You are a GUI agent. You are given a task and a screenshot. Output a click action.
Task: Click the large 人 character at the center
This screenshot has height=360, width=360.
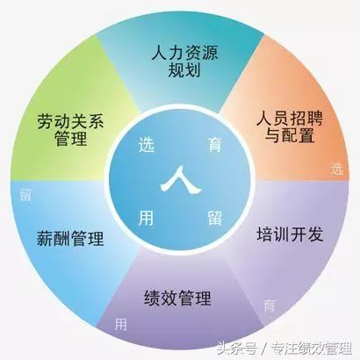coord(181,180)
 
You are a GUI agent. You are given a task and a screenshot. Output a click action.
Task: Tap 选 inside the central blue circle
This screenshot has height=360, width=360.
coord(147,145)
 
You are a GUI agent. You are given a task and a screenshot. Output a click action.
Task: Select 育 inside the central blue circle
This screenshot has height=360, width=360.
coord(215,144)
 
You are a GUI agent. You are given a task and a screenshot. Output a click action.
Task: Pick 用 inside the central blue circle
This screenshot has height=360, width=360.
coord(146,218)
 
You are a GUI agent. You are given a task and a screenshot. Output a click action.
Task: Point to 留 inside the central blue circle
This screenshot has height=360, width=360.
coord(215,218)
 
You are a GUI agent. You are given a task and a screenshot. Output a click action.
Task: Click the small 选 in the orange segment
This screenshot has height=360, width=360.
coord(337,169)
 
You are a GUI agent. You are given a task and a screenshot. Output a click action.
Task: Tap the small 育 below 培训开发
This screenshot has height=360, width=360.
coord(269,306)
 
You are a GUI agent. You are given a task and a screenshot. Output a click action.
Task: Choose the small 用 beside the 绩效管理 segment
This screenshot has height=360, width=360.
coord(120,324)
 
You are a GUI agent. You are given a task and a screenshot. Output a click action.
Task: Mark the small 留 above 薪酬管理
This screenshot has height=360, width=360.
coord(25,195)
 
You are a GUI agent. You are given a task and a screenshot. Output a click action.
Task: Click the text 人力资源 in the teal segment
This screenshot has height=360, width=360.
coord(184,53)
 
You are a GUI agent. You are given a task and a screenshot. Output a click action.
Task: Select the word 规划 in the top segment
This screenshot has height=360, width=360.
coord(184,70)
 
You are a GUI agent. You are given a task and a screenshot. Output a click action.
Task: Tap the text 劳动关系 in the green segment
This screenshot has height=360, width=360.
coord(71,121)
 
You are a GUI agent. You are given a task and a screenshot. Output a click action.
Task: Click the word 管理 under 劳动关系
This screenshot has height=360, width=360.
coord(71,139)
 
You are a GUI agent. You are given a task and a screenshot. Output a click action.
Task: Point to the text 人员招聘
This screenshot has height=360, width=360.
coord(290,119)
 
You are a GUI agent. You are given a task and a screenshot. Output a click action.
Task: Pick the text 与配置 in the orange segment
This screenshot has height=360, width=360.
coord(290,135)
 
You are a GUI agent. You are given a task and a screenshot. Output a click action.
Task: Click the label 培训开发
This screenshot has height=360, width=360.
coord(290,234)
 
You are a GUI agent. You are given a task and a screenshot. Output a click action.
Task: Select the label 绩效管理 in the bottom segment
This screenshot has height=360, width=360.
coord(177,298)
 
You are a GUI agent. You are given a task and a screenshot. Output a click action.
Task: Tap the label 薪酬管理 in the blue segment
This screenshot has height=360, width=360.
coord(70,238)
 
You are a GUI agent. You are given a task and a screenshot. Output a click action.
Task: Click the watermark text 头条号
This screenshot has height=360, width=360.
coord(237,349)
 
